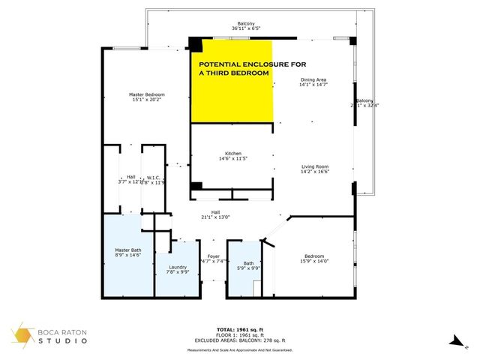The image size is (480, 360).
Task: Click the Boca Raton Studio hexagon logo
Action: click(x=22, y=336)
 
